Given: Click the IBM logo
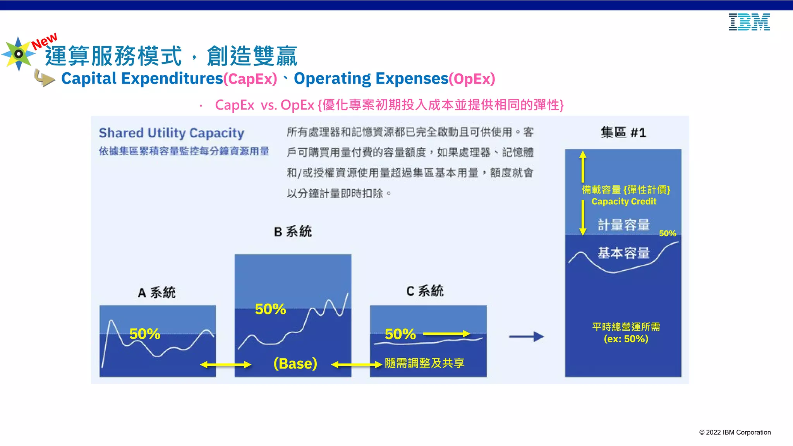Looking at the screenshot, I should point(749,22).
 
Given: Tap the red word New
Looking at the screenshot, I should point(44,41).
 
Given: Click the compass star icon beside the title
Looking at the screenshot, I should point(18,54).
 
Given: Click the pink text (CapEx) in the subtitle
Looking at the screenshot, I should point(250,79).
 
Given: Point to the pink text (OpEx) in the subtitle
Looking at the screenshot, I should point(472,79).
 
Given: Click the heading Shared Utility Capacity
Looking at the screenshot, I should point(172,133).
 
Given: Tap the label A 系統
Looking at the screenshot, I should point(157,292).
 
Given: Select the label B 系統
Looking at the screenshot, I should point(293,232).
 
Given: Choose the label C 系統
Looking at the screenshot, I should point(425,291).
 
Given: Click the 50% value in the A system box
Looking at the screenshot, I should point(145,334).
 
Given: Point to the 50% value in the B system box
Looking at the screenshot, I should point(270,309).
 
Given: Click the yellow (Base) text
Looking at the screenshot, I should point(295,364).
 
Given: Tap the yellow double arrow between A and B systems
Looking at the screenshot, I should point(226,365).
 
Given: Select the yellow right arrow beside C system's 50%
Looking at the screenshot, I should point(446,334).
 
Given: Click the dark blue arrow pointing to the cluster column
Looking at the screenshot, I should point(526,336).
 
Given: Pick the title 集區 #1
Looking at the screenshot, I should point(623,133).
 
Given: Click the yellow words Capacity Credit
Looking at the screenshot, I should point(624,201).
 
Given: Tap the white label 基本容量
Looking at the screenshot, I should point(623,253).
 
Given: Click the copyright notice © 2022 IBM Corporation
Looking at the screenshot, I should point(735,432).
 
